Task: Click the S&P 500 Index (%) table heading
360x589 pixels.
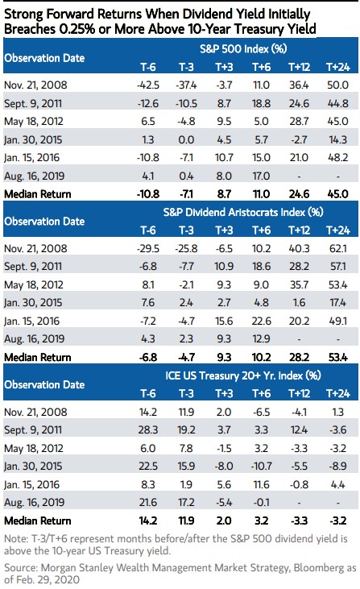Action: [x=243, y=49]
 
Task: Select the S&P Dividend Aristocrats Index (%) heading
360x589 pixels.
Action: [x=243, y=212]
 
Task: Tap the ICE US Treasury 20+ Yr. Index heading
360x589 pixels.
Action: [x=243, y=375]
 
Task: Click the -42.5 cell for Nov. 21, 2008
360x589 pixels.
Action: [x=148, y=85]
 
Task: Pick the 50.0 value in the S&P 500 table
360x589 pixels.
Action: [x=337, y=85]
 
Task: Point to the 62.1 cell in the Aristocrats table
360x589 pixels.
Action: [x=337, y=248]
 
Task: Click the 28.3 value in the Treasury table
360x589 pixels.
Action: [x=148, y=429]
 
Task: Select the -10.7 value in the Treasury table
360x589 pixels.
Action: [x=261, y=467]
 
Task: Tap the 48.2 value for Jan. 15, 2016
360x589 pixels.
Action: [x=337, y=158]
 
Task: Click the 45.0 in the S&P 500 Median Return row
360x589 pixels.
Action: [x=337, y=194]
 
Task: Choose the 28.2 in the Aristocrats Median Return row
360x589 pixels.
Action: [x=299, y=357]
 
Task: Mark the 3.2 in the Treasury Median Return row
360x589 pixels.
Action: [x=261, y=521]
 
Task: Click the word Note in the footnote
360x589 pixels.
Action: [x=15, y=539]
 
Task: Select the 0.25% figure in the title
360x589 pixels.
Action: [x=77, y=29]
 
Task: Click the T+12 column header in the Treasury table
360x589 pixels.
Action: [x=299, y=394]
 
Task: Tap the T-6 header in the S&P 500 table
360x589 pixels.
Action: [x=148, y=67]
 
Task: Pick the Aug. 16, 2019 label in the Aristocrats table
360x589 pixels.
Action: [x=34, y=339]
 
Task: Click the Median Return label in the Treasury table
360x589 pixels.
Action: [x=38, y=521]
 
